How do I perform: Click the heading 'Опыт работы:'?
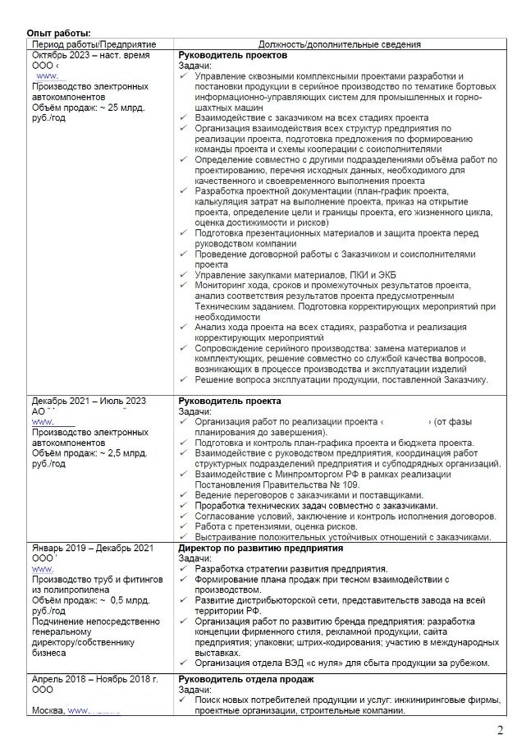tap(59, 32)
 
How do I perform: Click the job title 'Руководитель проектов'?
tap(232, 55)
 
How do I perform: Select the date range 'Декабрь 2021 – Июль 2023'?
tap(89, 401)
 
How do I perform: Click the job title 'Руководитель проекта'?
tap(230, 401)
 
